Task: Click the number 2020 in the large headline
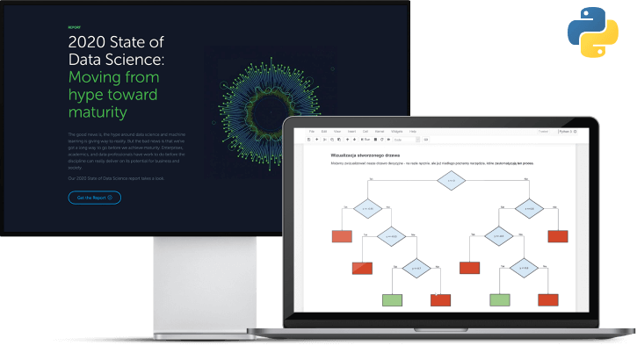92,41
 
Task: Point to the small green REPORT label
74,27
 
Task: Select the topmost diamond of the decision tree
451,183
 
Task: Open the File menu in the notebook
312,132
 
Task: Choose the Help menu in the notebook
413,132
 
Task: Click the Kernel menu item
380,132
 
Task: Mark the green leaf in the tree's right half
500,299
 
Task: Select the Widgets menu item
396,132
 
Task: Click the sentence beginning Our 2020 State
114,178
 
